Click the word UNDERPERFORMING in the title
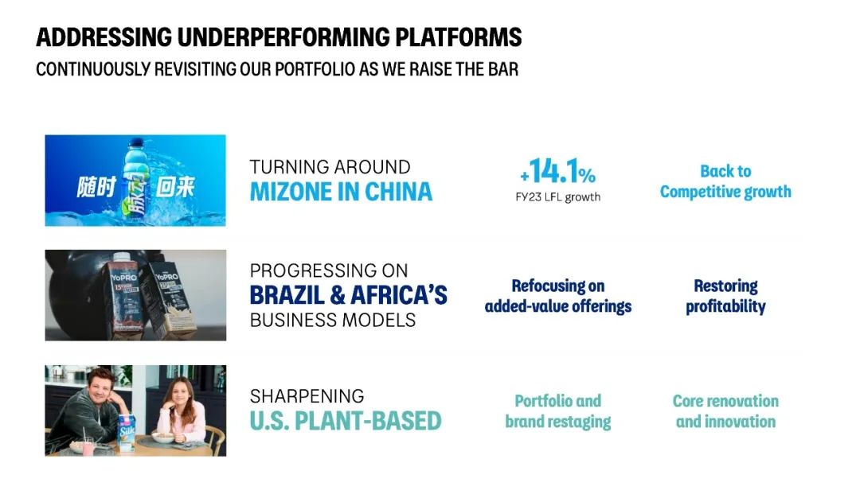[283, 37]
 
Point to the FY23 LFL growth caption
[557, 197]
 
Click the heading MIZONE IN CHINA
[341, 192]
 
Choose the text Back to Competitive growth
[725, 181]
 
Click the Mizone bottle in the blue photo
[134, 180]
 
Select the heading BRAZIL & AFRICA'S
[348, 295]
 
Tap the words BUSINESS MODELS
[333, 320]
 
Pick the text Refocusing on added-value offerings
[557, 296]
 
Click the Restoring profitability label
[725, 296]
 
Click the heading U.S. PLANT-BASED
[346, 421]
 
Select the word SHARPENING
[307, 395]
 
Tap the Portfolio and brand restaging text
[557, 411]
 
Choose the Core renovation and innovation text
[725, 411]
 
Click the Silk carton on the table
[127, 433]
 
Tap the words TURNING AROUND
[330, 166]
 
